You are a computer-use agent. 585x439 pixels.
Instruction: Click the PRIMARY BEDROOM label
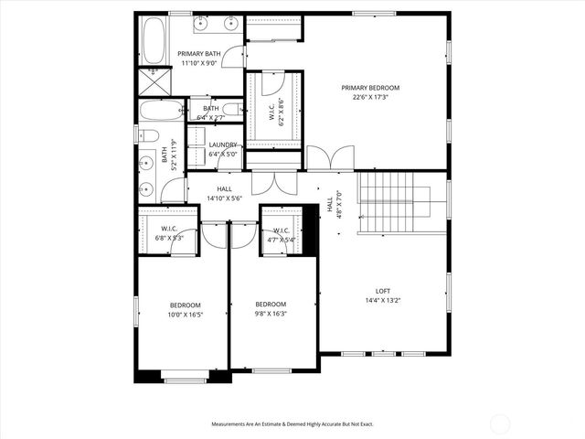370,88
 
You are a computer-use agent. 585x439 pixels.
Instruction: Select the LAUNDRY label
223,145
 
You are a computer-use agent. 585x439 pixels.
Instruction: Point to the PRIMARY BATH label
197,54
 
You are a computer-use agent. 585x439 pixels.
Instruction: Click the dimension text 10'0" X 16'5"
185,315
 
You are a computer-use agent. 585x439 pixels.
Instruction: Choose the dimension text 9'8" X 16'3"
271,314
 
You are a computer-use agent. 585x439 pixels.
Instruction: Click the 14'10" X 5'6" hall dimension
224,198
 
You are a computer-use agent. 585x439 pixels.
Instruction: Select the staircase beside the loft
393,203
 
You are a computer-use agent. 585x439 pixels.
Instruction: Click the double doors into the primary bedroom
327,158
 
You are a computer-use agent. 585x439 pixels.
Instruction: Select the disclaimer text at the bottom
292,423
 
